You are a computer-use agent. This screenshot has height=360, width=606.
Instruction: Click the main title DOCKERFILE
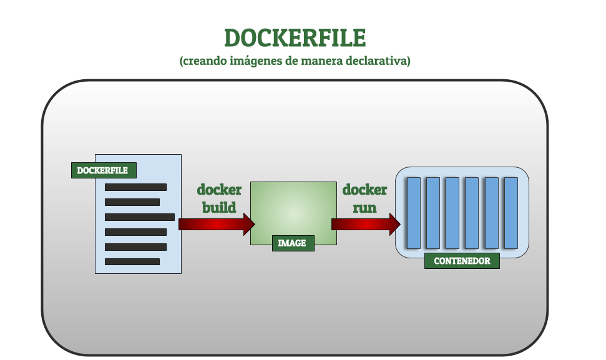(x=295, y=38)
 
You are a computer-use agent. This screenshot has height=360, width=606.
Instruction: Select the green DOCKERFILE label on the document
(x=103, y=170)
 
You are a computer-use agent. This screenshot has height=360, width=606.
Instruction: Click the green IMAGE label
(x=293, y=243)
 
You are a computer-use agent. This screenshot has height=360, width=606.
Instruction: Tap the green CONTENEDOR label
(x=462, y=261)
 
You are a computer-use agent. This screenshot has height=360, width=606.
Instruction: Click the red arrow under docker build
(x=216, y=224)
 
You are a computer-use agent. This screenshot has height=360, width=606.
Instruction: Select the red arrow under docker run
(x=365, y=224)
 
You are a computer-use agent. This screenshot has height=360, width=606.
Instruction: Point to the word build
(x=219, y=207)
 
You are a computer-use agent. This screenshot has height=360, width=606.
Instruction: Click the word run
(x=364, y=207)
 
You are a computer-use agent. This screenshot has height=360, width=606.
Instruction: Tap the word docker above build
(x=219, y=190)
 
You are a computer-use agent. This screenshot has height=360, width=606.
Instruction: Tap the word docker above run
(x=364, y=190)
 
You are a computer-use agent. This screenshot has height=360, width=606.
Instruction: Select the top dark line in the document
(x=135, y=187)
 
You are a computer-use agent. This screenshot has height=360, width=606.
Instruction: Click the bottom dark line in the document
(x=132, y=261)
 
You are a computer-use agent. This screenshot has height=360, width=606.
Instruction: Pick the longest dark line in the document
(x=139, y=217)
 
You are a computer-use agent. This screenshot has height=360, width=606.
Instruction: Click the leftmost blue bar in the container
(x=413, y=213)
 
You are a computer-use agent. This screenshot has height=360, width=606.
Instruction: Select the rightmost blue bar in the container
(x=511, y=213)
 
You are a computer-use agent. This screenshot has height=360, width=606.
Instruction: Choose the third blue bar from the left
(x=452, y=213)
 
